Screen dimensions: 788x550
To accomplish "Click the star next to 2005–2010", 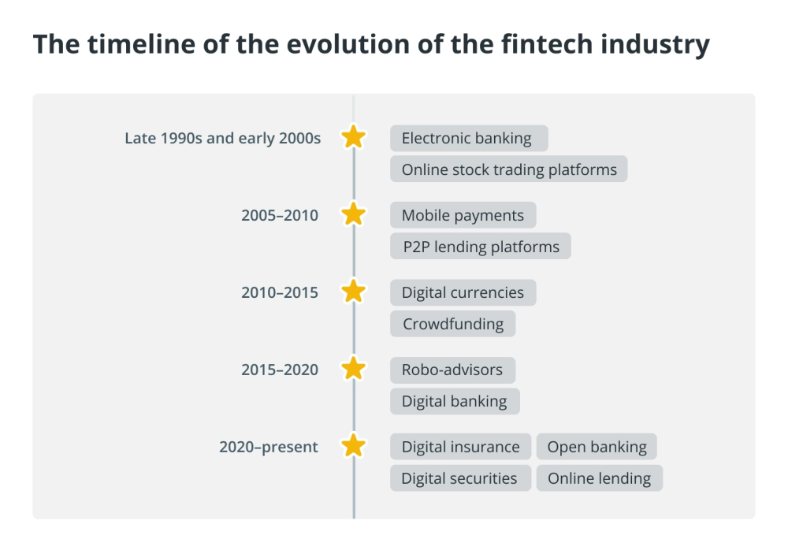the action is click(353, 214).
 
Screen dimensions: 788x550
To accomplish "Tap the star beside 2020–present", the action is click(353, 445).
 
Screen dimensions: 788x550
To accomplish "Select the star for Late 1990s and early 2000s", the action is click(353, 137).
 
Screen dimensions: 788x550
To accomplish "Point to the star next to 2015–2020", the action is click(353, 369).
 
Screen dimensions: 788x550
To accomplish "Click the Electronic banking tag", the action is click(469, 138).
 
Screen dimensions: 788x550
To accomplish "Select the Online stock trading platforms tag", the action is click(508, 169).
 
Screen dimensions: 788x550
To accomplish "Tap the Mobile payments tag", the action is click(463, 215).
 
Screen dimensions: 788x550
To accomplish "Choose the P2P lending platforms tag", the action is click(481, 247).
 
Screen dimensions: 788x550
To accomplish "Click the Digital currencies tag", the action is click(463, 292).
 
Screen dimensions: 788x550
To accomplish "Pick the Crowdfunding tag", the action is click(453, 324).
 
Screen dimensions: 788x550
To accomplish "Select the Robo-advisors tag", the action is click(453, 370).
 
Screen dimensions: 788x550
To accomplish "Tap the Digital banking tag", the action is click(455, 401).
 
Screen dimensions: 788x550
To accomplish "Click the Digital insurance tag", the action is click(460, 447).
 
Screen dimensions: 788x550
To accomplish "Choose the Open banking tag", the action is click(597, 447).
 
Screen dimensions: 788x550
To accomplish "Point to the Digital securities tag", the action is click(460, 478).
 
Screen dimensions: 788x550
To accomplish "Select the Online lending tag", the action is click(600, 478).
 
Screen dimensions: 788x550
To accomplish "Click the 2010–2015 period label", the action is click(280, 292).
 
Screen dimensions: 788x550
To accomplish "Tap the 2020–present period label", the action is click(269, 447).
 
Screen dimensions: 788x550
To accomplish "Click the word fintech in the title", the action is click(548, 44).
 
